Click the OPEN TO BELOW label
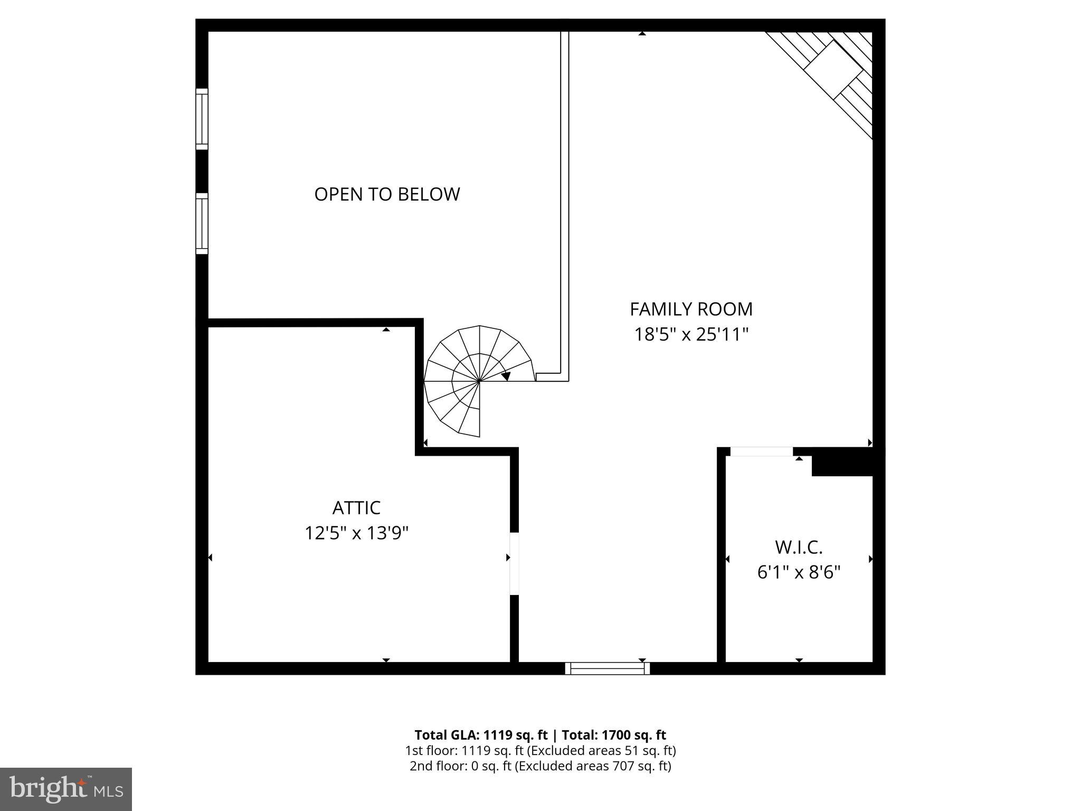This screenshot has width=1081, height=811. pyautogui.click(x=387, y=194)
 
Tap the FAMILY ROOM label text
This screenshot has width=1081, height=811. pyautogui.click(x=691, y=309)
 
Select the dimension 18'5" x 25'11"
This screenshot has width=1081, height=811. pyautogui.click(x=691, y=334)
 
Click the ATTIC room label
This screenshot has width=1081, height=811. pyautogui.click(x=356, y=508)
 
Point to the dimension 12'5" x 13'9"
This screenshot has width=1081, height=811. pyautogui.click(x=356, y=533)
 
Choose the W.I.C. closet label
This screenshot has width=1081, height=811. pyautogui.click(x=799, y=548)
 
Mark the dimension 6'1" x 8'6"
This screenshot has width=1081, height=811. pyautogui.click(x=799, y=572)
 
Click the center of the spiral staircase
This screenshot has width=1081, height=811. pyautogui.click(x=479, y=381)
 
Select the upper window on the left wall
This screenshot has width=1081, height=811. pyautogui.click(x=202, y=119)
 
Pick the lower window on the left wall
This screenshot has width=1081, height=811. pyautogui.click(x=202, y=223)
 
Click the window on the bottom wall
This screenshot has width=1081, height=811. pyautogui.click(x=608, y=668)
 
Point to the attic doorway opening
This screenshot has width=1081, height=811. pyautogui.click(x=514, y=564)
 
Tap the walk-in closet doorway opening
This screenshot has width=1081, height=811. pyautogui.click(x=761, y=451)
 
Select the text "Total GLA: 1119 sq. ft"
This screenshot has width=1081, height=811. pyautogui.click(x=481, y=735)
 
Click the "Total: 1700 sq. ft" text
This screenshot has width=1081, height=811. pyautogui.click(x=614, y=735)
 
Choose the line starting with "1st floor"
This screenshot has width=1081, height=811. pyautogui.click(x=540, y=750)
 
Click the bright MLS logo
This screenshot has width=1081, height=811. pyautogui.click(x=66, y=789)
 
